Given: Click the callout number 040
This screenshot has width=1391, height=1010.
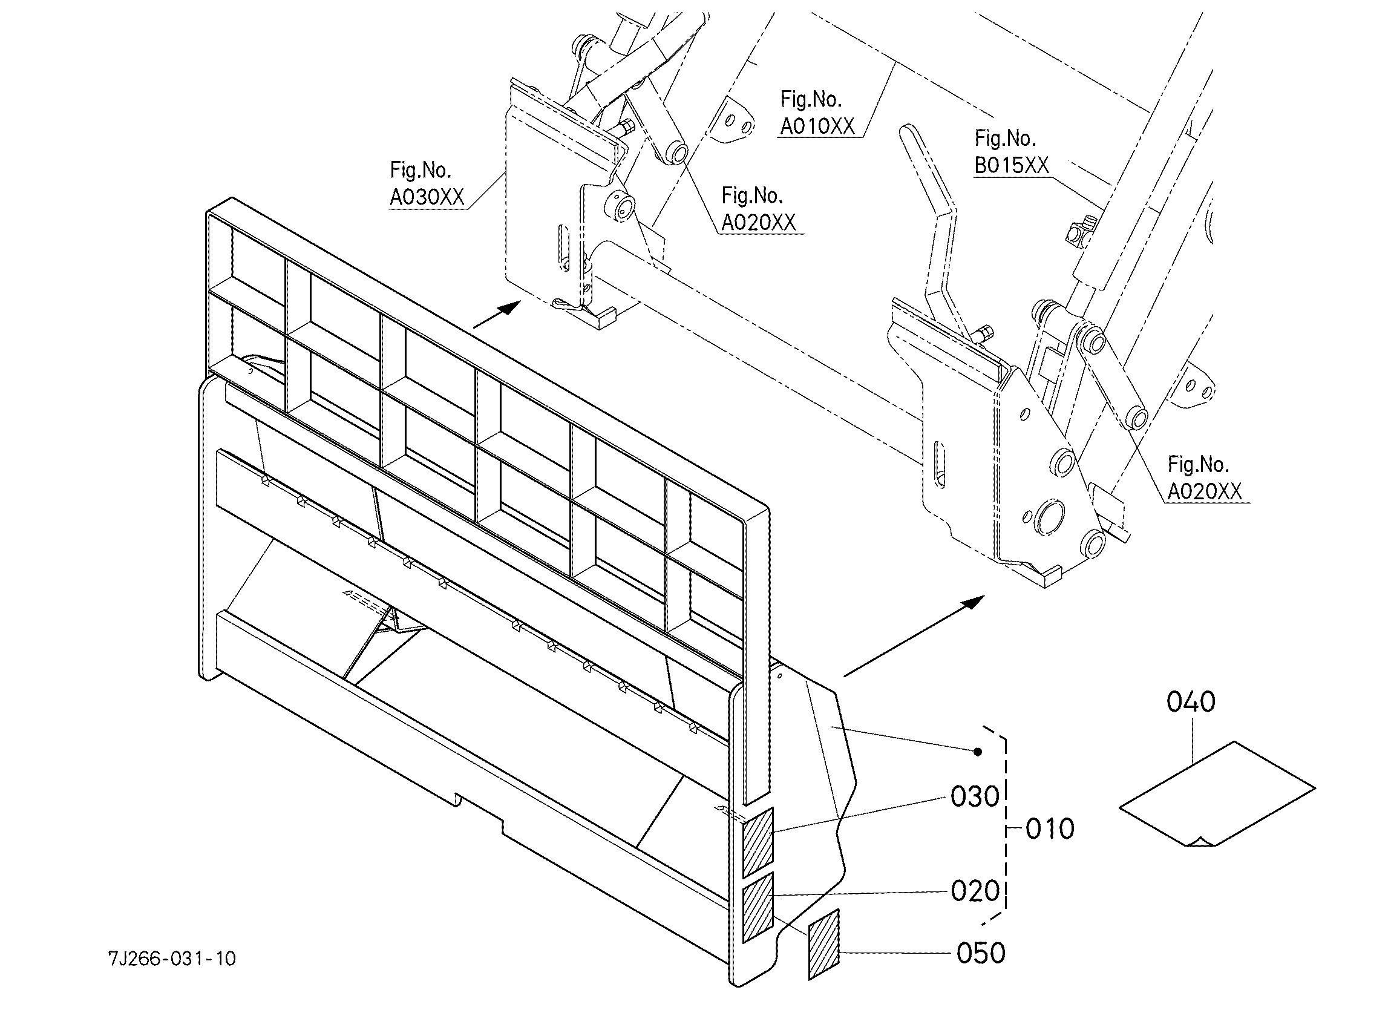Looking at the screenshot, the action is (1191, 702).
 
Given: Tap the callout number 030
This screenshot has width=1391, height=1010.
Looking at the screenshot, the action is (975, 797).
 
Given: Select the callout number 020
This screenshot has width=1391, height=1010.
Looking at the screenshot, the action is (975, 891).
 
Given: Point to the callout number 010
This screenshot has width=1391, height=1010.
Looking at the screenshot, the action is (1050, 829).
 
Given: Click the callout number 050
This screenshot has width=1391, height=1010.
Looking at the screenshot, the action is (981, 953).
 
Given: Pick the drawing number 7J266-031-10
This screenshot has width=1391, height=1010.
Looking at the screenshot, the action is (172, 959).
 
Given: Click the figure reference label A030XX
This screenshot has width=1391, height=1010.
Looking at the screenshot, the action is (428, 197).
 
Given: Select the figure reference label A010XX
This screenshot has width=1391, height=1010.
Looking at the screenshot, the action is (817, 126).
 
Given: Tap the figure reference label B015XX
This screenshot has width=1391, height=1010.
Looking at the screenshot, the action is (1012, 166).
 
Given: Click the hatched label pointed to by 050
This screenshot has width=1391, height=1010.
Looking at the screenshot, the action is (823, 945).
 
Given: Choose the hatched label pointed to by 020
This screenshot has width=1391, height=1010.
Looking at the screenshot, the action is (758, 908).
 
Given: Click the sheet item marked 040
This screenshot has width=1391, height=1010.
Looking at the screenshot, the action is (1217, 794).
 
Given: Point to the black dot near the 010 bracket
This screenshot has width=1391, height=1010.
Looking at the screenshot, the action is (978, 752).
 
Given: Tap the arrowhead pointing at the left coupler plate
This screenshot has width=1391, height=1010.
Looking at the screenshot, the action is (511, 307).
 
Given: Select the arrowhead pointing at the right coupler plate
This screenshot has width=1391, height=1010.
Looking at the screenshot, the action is (972, 602).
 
